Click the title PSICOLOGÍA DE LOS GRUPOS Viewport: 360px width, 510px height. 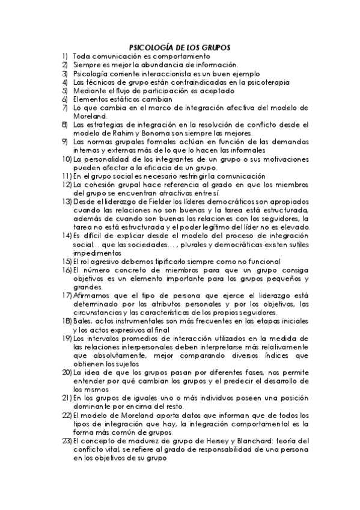coord(180,46)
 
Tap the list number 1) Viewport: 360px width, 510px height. coord(64,55)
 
